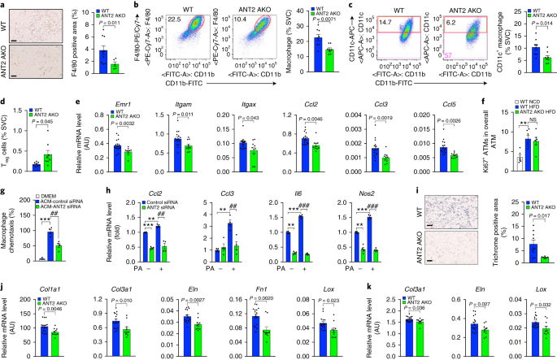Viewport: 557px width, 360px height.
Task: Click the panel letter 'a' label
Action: coord(4,4)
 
